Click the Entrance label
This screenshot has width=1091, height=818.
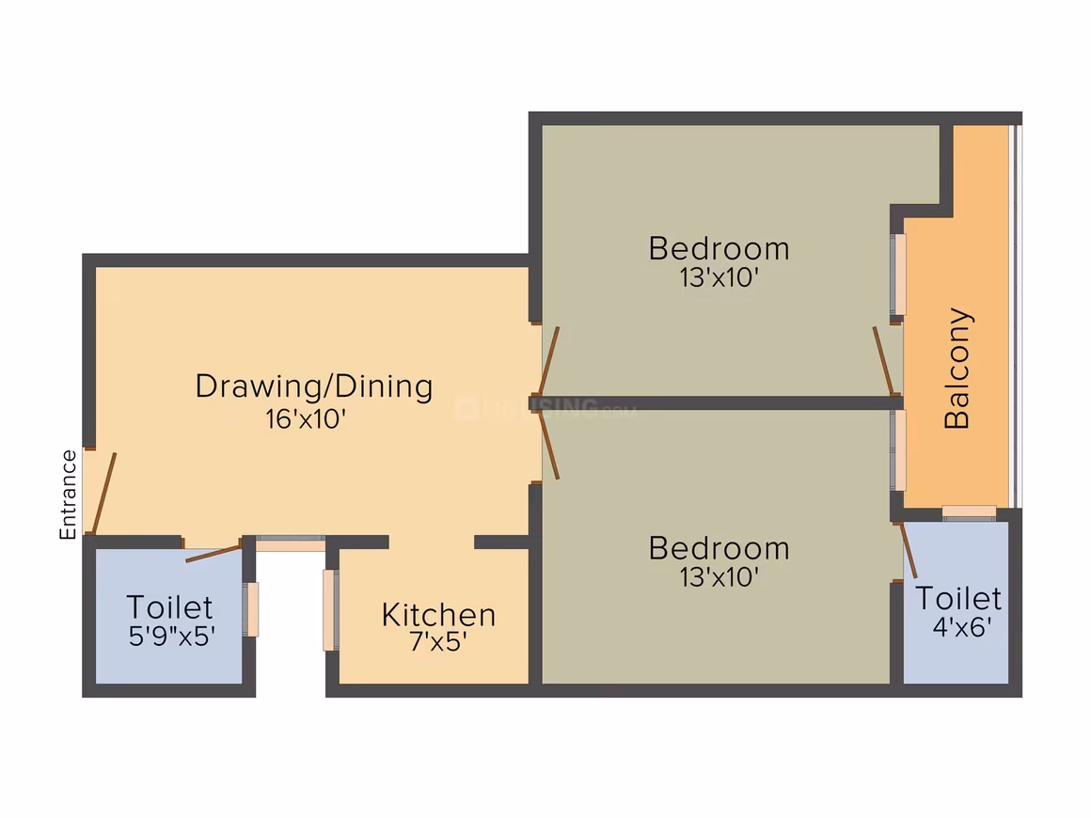click(68, 495)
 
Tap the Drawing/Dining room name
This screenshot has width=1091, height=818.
click(314, 386)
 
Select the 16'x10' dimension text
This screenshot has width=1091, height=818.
click(306, 418)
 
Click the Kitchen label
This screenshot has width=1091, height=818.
click(438, 615)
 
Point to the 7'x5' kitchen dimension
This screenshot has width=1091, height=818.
click(437, 641)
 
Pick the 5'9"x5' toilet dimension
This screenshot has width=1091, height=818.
click(172, 636)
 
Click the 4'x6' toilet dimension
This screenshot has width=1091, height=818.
click(962, 627)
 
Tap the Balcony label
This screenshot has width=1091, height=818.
click(957, 368)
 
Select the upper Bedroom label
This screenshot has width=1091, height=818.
click(719, 249)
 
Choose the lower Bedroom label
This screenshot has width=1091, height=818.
click(719, 549)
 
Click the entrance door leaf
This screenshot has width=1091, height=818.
click(104, 494)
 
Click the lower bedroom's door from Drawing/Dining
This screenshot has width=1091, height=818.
click(548, 444)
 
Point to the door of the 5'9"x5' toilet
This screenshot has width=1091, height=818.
click(213, 554)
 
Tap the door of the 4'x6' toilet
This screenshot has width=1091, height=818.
click(909, 550)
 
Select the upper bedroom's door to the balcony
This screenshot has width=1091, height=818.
click(883, 360)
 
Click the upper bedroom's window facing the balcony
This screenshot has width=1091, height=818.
click(898, 275)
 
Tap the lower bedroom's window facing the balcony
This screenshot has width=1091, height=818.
click(898, 450)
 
